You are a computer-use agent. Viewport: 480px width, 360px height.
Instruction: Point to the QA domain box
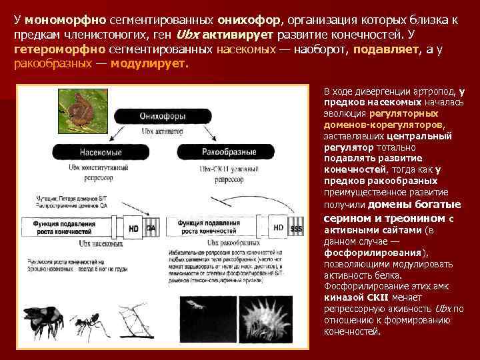(x=151, y=228)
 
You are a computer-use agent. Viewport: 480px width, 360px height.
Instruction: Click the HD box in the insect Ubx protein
(x=134, y=228)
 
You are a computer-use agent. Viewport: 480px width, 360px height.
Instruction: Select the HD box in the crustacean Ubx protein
(x=279, y=228)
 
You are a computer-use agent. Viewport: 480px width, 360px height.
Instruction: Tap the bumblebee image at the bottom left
(x=46, y=325)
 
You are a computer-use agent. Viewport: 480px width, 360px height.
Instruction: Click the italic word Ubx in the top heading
(x=187, y=35)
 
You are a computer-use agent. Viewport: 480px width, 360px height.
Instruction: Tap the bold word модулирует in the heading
(x=149, y=65)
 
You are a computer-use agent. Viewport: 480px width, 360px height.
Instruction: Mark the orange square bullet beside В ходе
(x=315, y=91)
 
